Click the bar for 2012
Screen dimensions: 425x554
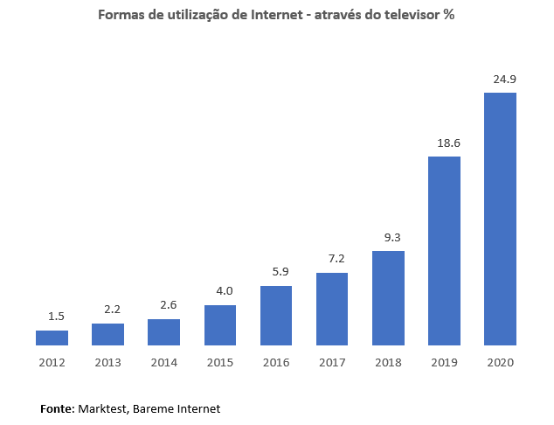(x=52, y=338)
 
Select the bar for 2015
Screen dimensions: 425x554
(x=220, y=325)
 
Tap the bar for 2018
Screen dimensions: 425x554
(x=388, y=298)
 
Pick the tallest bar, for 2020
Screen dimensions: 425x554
(x=500, y=219)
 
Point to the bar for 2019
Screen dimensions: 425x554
(x=444, y=251)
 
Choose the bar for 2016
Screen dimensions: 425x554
(x=276, y=316)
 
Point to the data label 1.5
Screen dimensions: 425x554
(x=56, y=316)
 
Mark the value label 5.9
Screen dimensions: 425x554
(x=280, y=271)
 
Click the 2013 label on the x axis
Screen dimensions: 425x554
(x=107, y=363)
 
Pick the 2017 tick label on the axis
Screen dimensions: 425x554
(x=332, y=363)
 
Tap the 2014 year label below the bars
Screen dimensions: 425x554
(x=163, y=363)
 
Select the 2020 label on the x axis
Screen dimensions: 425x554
(x=500, y=363)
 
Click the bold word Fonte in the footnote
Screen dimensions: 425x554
(x=58, y=408)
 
